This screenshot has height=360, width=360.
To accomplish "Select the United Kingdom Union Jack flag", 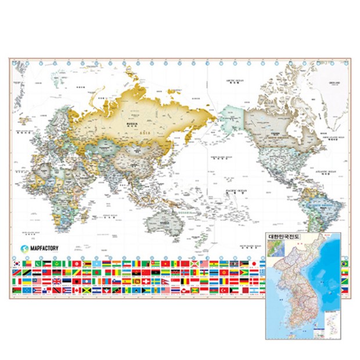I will coord(56,281).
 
